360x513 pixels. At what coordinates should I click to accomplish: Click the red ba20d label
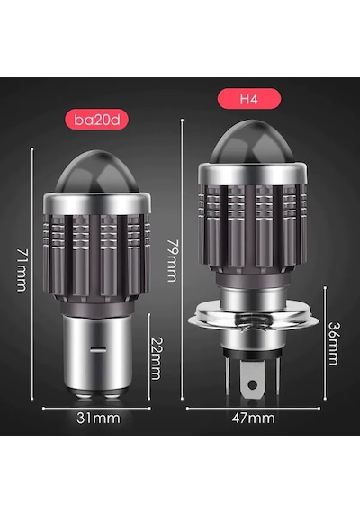(96, 120)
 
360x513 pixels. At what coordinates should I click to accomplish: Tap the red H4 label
(249, 98)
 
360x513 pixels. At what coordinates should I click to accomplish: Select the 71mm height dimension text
(22, 270)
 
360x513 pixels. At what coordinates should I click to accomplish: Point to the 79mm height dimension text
(172, 261)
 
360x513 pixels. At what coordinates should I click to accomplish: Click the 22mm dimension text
(156, 358)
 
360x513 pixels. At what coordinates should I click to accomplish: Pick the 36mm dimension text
(334, 344)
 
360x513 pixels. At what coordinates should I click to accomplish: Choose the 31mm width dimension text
(98, 418)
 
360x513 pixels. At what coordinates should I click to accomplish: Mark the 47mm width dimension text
(253, 418)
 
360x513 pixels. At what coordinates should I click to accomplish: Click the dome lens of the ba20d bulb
(97, 172)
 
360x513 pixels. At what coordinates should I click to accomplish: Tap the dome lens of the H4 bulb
(253, 142)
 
